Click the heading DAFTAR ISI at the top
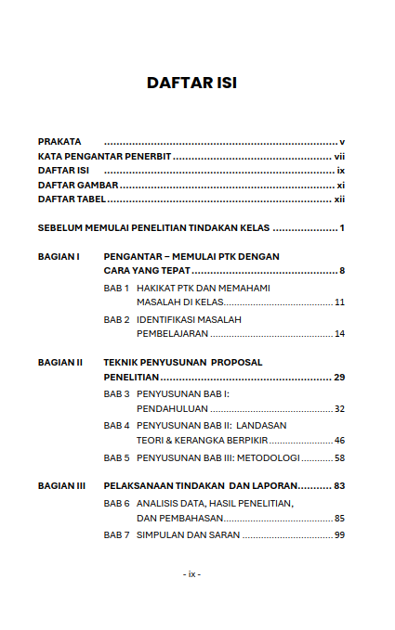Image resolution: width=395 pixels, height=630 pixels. [x=191, y=83]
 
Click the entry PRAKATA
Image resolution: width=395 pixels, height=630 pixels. [x=59, y=141]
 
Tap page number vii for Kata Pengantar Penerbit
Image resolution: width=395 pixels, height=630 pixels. [x=339, y=157]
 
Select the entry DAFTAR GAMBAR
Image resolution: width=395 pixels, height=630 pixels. [x=77, y=186]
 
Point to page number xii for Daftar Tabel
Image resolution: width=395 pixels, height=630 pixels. [x=339, y=199]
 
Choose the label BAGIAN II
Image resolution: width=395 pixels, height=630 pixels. [x=60, y=362]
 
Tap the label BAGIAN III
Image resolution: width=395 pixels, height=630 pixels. [x=62, y=485]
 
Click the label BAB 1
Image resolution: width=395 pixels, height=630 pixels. [x=116, y=288]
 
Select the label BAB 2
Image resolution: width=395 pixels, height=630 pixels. [x=116, y=319]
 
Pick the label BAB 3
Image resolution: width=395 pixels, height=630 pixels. [x=116, y=394]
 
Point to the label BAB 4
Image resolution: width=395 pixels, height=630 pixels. [x=116, y=425]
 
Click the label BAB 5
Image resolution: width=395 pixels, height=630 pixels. [x=116, y=457]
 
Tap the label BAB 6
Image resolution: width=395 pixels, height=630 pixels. [x=116, y=503]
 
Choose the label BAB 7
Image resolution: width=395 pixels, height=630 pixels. [x=116, y=535]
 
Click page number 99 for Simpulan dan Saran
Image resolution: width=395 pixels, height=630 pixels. [x=339, y=535]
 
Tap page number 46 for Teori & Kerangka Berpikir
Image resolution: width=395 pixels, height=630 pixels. [x=339, y=440]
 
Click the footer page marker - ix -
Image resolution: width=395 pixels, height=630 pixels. [x=191, y=573]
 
